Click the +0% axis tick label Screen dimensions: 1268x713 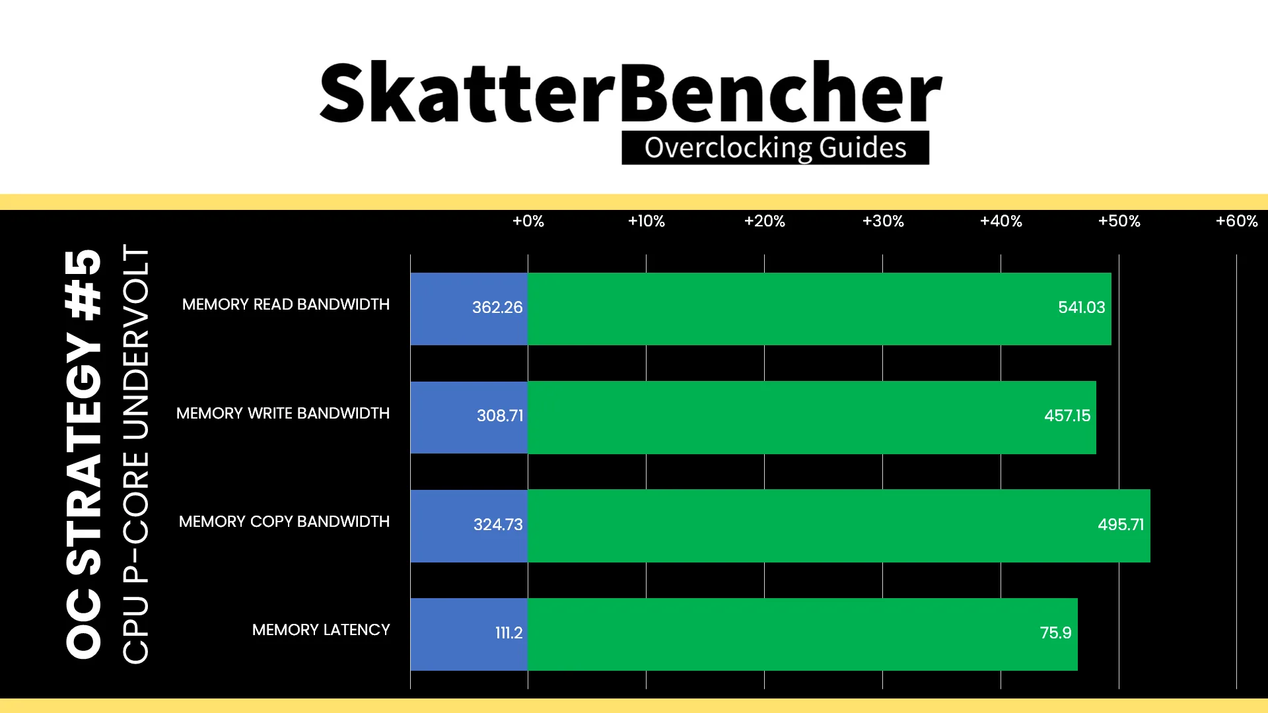click(528, 221)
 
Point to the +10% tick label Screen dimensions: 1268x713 click(646, 221)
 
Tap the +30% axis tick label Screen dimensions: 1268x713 click(883, 221)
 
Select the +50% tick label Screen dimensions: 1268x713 click(1119, 221)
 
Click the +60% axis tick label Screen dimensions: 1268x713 click(1237, 221)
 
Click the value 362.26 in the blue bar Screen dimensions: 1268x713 click(497, 308)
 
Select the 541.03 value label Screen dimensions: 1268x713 click(1082, 308)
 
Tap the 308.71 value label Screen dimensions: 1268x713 click(500, 416)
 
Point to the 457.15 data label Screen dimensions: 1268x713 click(1067, 416)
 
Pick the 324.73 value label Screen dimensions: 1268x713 click(498, 525)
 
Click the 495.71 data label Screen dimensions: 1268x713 click(1121, 525)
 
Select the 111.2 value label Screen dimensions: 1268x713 click(509, 633)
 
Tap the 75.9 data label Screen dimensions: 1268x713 click(1056, 633)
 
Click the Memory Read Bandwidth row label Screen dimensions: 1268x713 click(286, 304)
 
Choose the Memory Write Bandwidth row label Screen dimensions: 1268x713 click(283, 413)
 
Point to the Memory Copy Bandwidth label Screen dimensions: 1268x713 click(284, 522)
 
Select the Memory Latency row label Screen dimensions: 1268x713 click(321, 630)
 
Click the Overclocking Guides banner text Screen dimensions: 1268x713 click(775, 148)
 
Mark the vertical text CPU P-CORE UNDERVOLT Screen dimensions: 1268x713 click(136, 454)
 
